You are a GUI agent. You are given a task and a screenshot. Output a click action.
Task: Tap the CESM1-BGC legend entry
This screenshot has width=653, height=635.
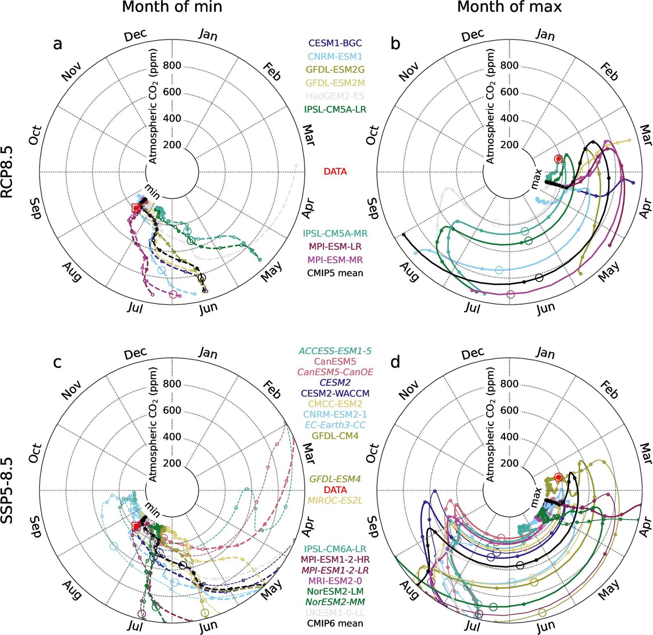(335, 43)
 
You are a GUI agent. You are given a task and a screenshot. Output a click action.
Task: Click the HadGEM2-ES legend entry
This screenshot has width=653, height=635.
(335, 96)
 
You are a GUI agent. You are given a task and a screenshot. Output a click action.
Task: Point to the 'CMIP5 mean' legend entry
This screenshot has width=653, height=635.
(335, 273)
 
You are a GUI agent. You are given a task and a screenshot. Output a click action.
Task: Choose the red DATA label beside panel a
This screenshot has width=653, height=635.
(335, 172)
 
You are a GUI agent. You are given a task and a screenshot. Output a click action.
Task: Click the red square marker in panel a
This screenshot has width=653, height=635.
(136, 208)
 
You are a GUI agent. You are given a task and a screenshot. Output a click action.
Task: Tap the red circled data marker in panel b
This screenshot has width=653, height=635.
(558, 159)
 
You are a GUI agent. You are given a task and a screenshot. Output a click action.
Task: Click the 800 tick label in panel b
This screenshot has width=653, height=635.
(509, 65)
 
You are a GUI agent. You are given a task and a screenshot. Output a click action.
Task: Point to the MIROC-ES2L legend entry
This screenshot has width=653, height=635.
(335, 500)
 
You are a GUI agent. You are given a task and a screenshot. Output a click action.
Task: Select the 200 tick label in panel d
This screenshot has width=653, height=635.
(509, 464)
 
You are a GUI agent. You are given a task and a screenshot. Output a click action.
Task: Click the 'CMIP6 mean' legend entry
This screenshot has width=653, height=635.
(335, 623)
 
